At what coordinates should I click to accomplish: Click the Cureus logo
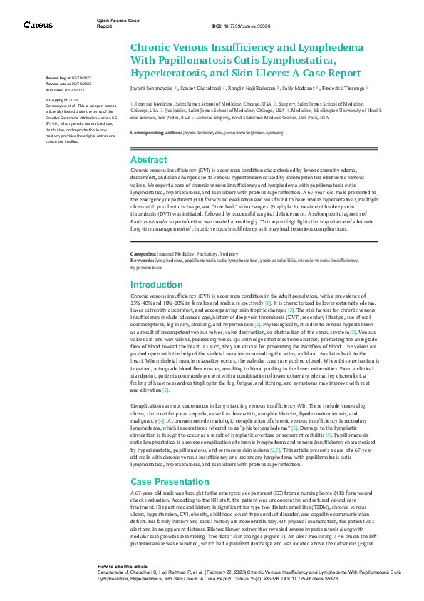point(38,24)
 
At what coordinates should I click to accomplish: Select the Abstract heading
point(149,160)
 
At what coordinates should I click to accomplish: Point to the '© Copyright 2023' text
point(62,99)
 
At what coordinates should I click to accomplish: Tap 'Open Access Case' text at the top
point(113,21)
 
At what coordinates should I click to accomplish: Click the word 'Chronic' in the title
point(151,48)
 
